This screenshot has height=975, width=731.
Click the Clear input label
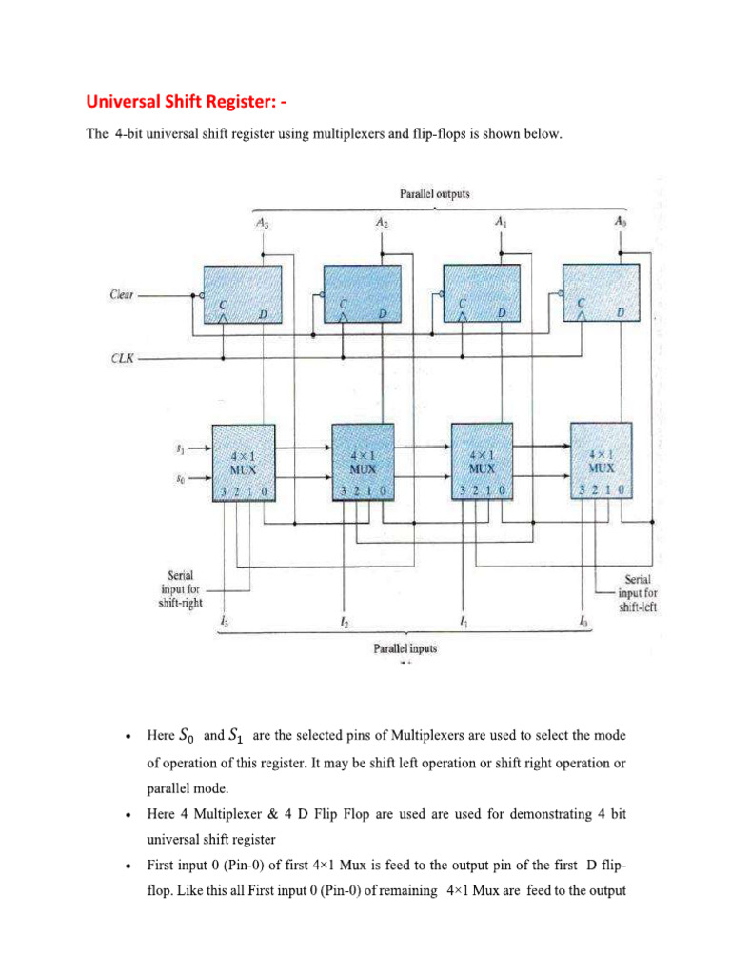(122, 295)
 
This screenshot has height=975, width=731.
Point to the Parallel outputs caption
(435, 194)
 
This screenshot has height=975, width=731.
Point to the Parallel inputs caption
(405, 648)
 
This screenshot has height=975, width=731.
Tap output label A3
(262, 226)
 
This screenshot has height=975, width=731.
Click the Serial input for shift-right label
(181, 588)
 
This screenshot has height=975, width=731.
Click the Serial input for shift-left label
(643, 590)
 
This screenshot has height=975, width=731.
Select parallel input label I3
(223, 624)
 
